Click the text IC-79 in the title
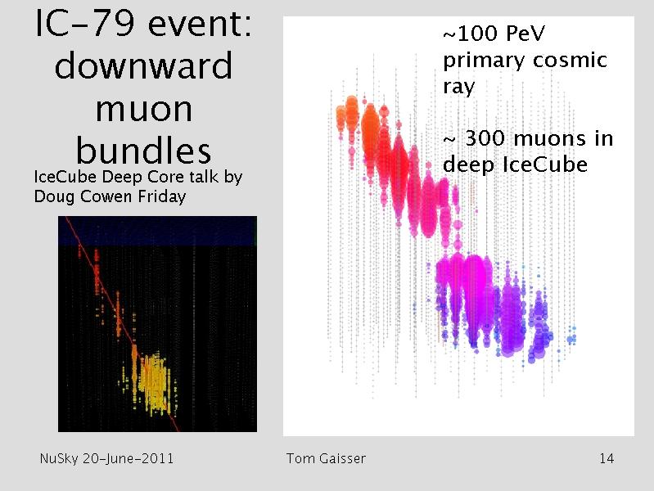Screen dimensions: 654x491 (x=85, y=24)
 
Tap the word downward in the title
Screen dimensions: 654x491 (x=143, y=65)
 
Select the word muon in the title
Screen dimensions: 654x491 (x=144, y=110)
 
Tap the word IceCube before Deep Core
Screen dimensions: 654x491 (x=65, y=177)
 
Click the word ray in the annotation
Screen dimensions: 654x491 (x=459, y=88)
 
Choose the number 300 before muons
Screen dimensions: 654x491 (x=485, y=138)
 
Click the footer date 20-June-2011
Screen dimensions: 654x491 (x=128, y=458)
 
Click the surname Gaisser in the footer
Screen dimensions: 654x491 (x=342, y=458)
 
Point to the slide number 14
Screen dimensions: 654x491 (x=607, y=458)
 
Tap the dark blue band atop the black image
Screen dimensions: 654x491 (x=157, y=231)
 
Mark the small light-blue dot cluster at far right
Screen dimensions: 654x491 (x=572, y=336)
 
